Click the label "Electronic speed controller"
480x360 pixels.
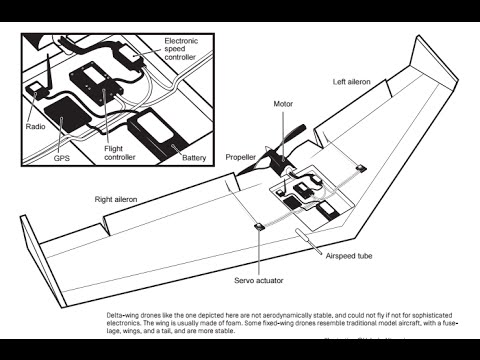(x=181, y=49)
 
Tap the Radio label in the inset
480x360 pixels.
(x=35, y=127)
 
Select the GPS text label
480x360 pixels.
(x=62, y=158)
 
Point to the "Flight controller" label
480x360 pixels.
(x=120, y=153)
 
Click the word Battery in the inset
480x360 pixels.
(x=194, y=158)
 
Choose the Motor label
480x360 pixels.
(x=283, y=104)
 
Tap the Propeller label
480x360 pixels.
(x=241, y=157)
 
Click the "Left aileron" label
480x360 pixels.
(x=351, y=82)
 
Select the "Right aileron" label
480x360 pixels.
(x=116, y=199)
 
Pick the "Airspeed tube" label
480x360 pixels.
(x=349, y=256)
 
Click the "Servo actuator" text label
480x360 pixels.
(x=259, y=280)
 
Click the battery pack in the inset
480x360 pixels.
(x=157, y=132)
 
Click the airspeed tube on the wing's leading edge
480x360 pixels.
(x=308, y=241)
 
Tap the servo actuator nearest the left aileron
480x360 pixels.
(x=361, y=168)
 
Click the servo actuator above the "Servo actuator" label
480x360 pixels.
(x=259, y=227)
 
